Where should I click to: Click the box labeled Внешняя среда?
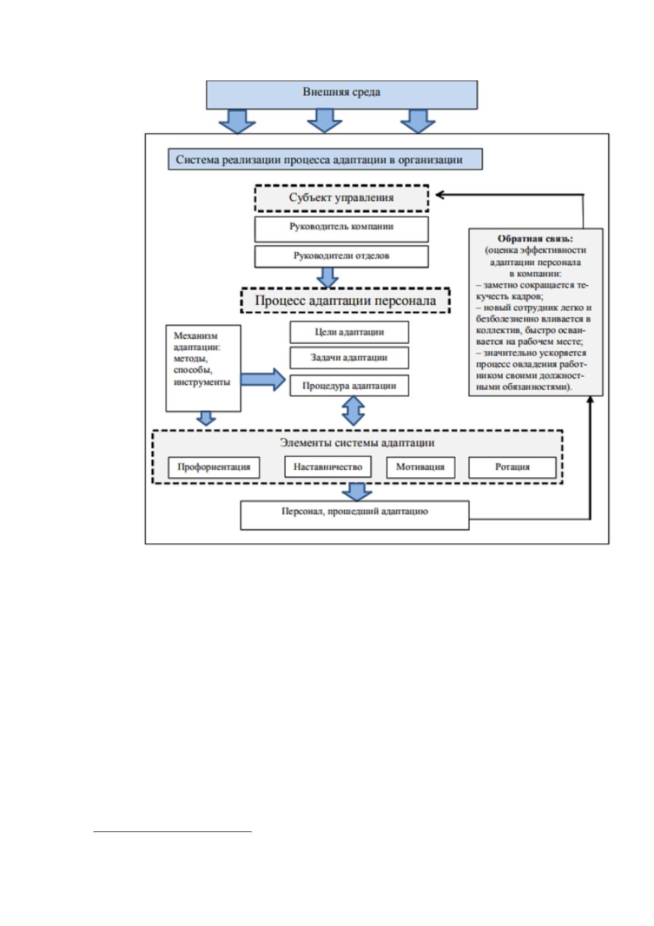point(342,95)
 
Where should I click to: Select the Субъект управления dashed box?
point(341,198)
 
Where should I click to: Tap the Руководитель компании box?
point(341,229)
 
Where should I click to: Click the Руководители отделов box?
point(341,256)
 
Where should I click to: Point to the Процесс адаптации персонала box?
point(345,300)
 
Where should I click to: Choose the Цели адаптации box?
point(349,332)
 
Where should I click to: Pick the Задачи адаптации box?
point(349,357)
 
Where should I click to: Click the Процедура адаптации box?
point(349,385)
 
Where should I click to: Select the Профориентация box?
point(214,467)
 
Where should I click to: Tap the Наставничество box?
point(328,467)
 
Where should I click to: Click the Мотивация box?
point(420,467)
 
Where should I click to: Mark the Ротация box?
point(512,467)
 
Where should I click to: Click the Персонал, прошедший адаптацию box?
point(354,515)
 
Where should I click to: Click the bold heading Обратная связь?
point(535,239)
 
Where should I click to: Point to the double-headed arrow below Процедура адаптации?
point(353,411)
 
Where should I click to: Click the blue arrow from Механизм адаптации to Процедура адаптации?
point(263,379)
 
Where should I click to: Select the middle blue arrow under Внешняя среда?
point(325,121)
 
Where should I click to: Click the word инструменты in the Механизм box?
point(202,382)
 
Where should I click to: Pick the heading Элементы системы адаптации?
point(357,443)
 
